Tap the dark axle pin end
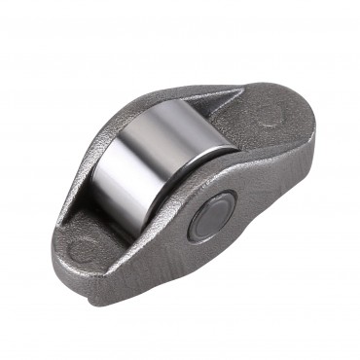[x=211, y=215]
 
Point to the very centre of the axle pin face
[x=211, y=216]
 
